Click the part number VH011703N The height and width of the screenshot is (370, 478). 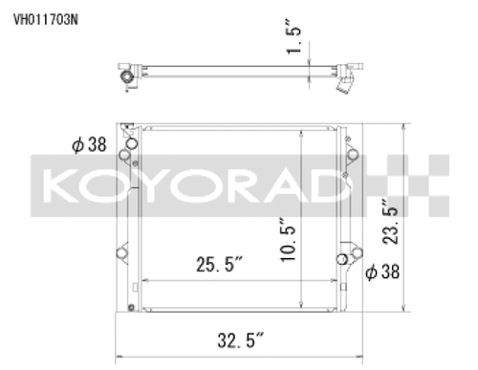coord(45,16)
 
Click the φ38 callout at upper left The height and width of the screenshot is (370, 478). coord(87,145)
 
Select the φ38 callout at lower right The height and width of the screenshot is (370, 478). coord(382,272)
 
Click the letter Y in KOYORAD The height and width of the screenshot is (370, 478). coord(162,184)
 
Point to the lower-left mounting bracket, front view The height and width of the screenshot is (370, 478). coord(123,253)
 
